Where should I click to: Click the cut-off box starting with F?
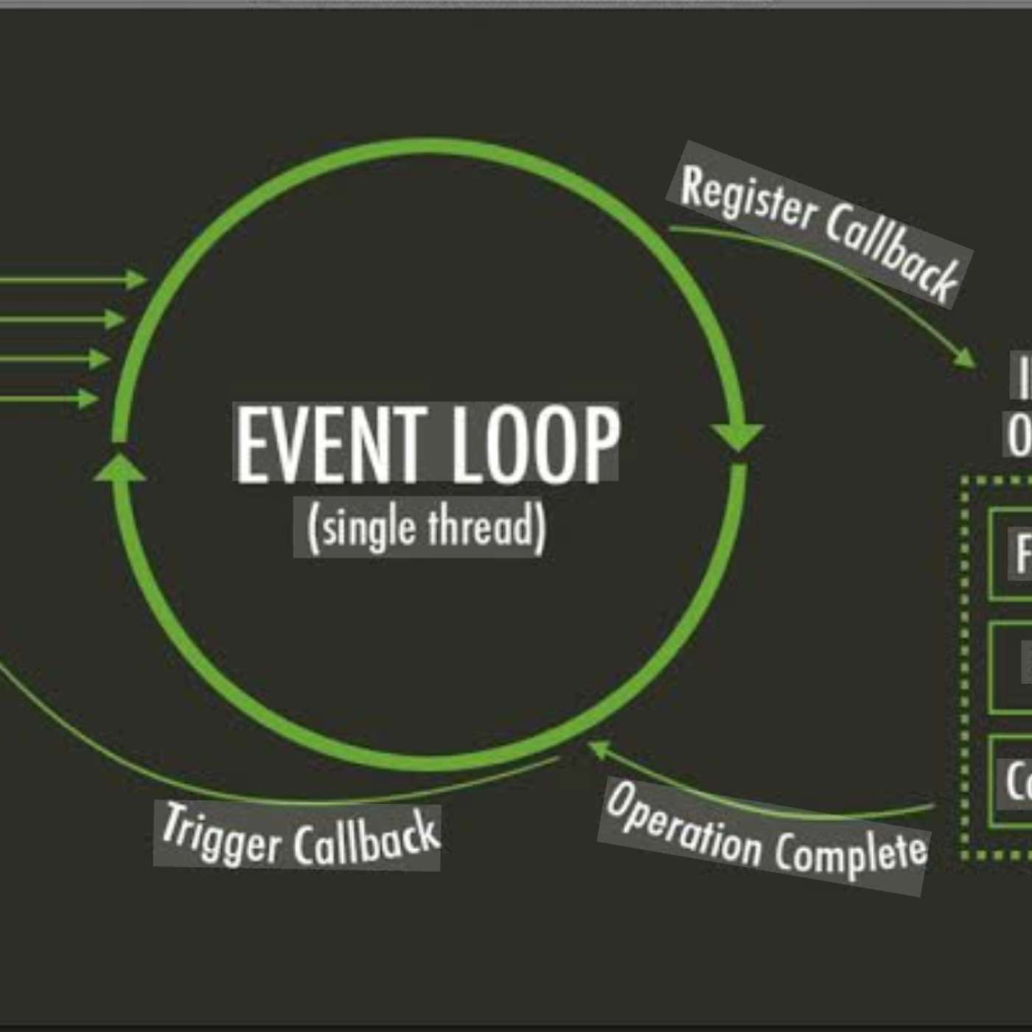pos(1011,554)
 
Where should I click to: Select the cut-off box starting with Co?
pos(1011,781)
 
